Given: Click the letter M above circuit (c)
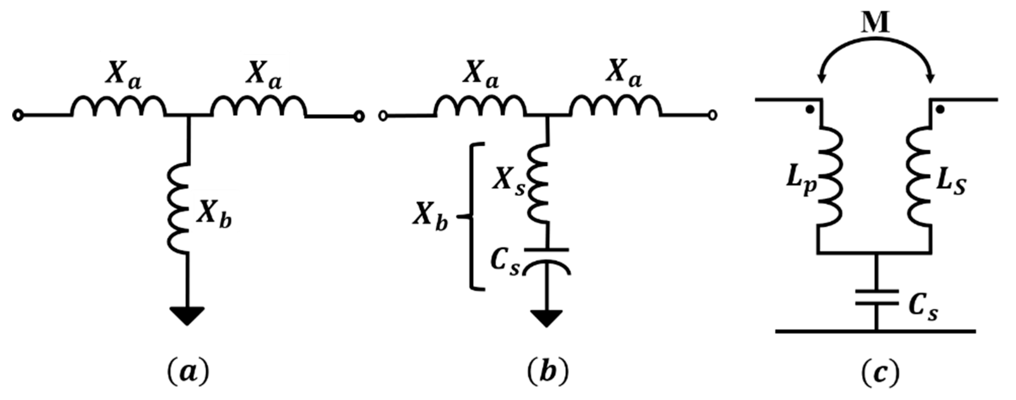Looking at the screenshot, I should click(x=875, y=24).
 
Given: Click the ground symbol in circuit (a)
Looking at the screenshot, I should click(x=187, y=316).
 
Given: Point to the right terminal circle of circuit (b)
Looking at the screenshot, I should click(x=712, y=116).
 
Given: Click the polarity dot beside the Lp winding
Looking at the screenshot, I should click(x=809, y=111).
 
